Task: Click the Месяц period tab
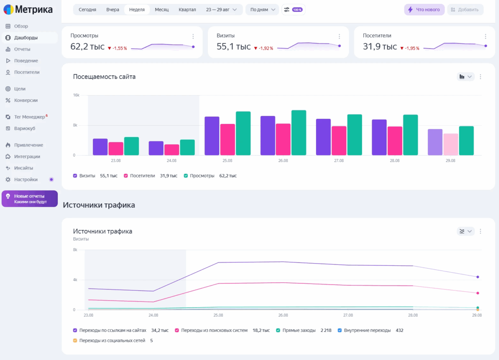coord(162,10)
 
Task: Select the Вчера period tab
coord(112,10)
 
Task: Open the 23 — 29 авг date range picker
coord(221,10)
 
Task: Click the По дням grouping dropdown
coord(262,10)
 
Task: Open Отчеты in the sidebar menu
coord(22,49)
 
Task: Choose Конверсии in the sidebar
coord(25,101)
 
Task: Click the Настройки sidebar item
coord(25,180)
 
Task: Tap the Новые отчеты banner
coord(30,199)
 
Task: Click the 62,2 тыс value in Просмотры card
coord(87,47)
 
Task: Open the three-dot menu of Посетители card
coord(485,37)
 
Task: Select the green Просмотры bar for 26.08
coord(299,133)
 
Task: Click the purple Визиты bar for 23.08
coord(100,147)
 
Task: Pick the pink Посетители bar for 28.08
coord(395,141)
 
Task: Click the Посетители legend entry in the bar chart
coord(142,176)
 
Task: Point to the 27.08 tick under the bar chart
coord(339,161)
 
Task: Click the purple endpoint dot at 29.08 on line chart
coord(477,277)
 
